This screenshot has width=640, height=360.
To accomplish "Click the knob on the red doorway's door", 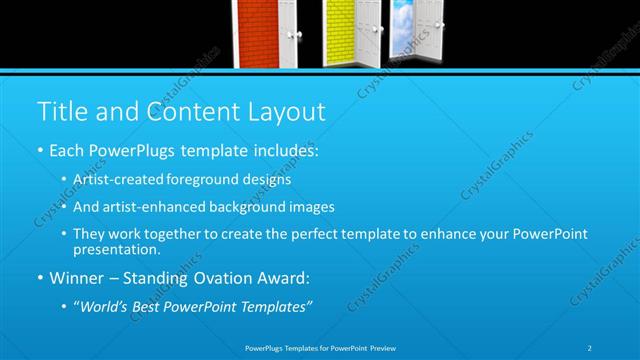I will (295, 34).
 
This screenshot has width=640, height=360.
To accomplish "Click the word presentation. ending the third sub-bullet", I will (117, 249).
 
